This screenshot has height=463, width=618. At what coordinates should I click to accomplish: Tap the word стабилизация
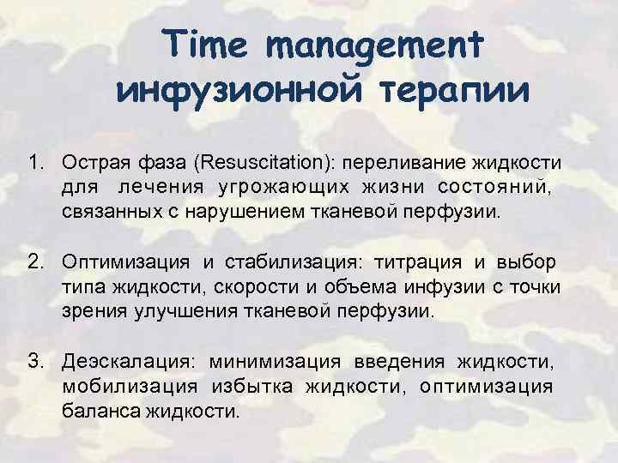pos(287,261)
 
